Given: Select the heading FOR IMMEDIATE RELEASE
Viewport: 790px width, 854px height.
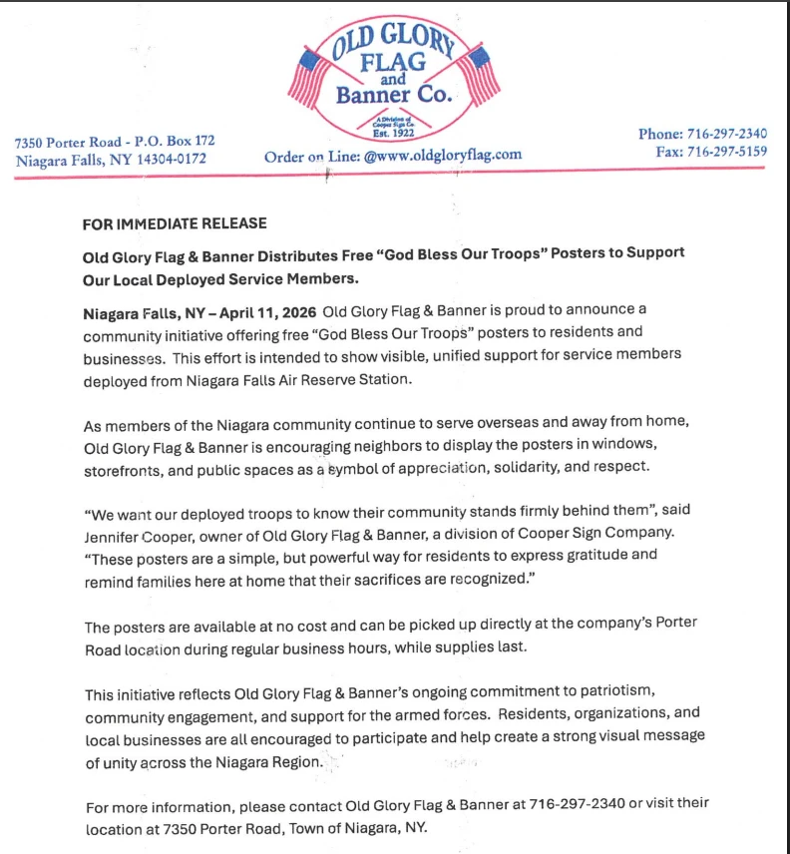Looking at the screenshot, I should click(175, 223).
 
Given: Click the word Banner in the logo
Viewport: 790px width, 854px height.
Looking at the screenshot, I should click(370, 96).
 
